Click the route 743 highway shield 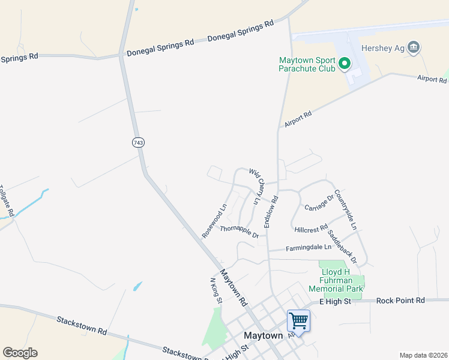[x=139, y=142]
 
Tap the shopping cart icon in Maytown [x=298, y=320]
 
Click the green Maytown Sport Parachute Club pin [x=345, y=63]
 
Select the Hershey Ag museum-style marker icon [x=413, y=47]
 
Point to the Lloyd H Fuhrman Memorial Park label [x=336, y=280]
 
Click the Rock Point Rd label [x=400, y=300]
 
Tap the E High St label [x=335, y=301]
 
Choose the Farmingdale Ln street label [x=309, y=247]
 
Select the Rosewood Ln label [x=214, y=221]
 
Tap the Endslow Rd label [x=271, y=211]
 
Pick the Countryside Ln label [x=345, y=210]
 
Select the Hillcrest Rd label [x=311, y=229]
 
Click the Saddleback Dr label [x=343, y=248]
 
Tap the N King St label [x=216, y=290]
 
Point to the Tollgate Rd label [x=6, y=200]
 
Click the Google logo [x=20, y=353]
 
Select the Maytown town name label [x=263, y=336]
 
